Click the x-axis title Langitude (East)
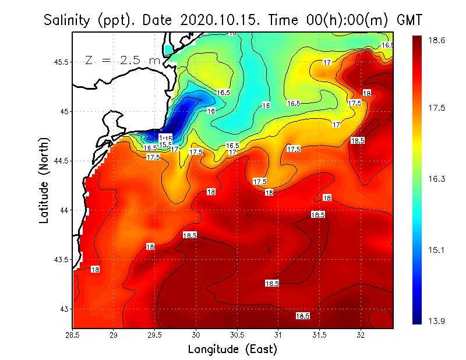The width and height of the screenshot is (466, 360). click(232, 349)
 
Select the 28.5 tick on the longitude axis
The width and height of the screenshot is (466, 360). click(72, 335)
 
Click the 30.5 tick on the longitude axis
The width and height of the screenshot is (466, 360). click(237, 335)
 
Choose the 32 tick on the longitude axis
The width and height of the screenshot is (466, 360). click(361, 335)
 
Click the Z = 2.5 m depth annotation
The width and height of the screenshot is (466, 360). click(123, 60)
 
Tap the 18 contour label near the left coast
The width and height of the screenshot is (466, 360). click(95, 269)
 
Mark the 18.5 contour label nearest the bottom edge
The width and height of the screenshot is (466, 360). click(302, 316)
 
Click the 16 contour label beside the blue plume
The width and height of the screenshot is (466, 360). click(211, 111)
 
